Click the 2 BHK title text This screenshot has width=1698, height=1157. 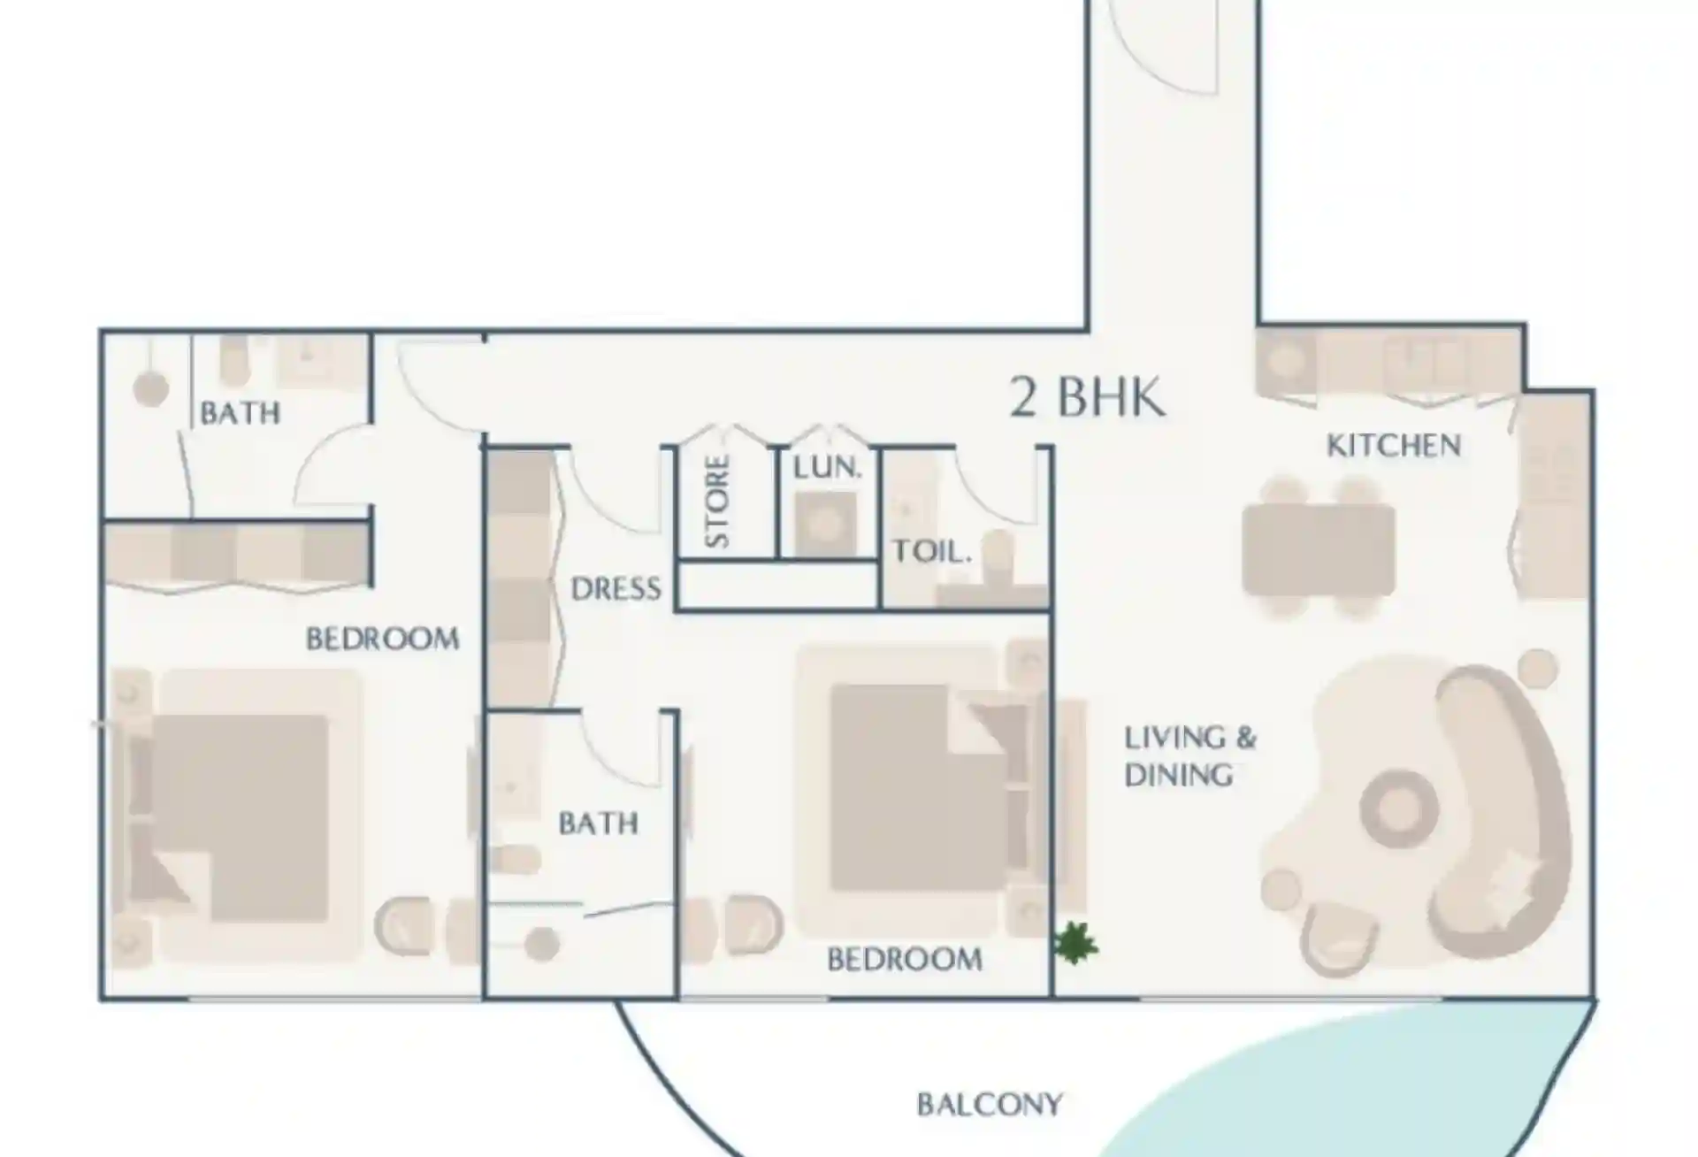pos(1087,397)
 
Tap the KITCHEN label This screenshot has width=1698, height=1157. pos(1394,445)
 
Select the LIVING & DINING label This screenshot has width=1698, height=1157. pos(1189,756)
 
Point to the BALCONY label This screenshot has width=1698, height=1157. pos(990,1105)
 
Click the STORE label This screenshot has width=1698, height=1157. pos(718,502)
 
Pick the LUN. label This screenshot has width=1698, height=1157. pos(827,468)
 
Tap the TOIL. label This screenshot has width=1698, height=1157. pos(932,552)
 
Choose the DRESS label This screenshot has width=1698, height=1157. pos(616,589)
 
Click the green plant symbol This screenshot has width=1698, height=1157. pos(1076,943)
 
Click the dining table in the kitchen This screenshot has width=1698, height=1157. pos(1319,549)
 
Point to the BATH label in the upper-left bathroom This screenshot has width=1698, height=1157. pos(240,413)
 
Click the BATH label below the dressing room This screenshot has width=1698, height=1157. pos(598,824)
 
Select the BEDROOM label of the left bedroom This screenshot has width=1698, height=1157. pos(383,639)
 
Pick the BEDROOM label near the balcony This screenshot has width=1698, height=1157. pos(904,959)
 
